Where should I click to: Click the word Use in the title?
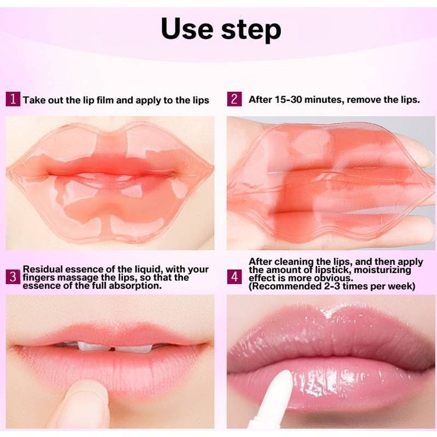point(187,29)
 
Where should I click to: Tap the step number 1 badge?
point(13,99)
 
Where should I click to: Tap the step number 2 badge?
point(234,99)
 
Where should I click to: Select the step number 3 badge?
point(13,277)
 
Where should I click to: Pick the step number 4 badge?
point(234,277)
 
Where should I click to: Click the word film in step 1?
point(105,100)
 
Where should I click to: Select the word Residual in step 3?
point(42,269)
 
